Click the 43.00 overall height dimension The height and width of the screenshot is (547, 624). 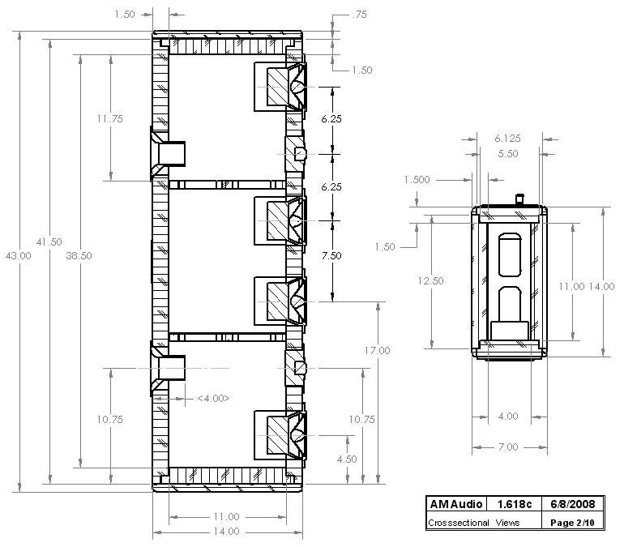coord(19,255)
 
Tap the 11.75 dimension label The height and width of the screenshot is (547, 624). coord(109,119)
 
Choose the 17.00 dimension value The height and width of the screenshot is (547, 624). coord(378,351)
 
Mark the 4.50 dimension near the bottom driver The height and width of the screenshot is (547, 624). coord(347,459)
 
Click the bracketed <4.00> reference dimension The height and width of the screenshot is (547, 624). coord(213,398)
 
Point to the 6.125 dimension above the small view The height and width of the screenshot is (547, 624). coord(508,139)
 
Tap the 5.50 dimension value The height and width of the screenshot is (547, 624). coord(508,153)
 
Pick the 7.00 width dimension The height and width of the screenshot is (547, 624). coord(507,447)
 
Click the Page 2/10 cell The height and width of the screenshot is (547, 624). coord(571,523)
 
